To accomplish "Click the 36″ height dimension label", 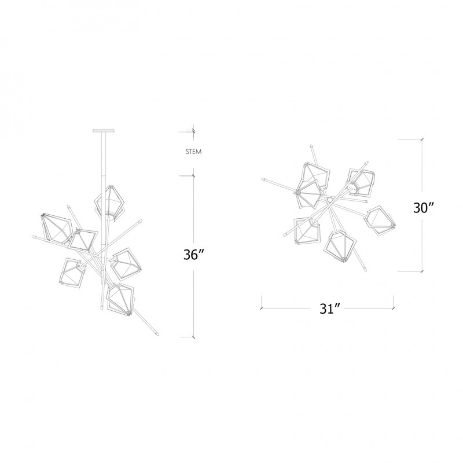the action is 194,255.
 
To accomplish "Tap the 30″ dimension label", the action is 424,208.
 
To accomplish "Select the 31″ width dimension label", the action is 330,309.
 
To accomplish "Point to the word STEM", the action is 194,152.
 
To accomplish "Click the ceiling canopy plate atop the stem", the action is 104,131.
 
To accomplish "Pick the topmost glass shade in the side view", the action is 109,201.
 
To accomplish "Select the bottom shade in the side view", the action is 120,299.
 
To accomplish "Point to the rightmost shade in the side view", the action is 126,264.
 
